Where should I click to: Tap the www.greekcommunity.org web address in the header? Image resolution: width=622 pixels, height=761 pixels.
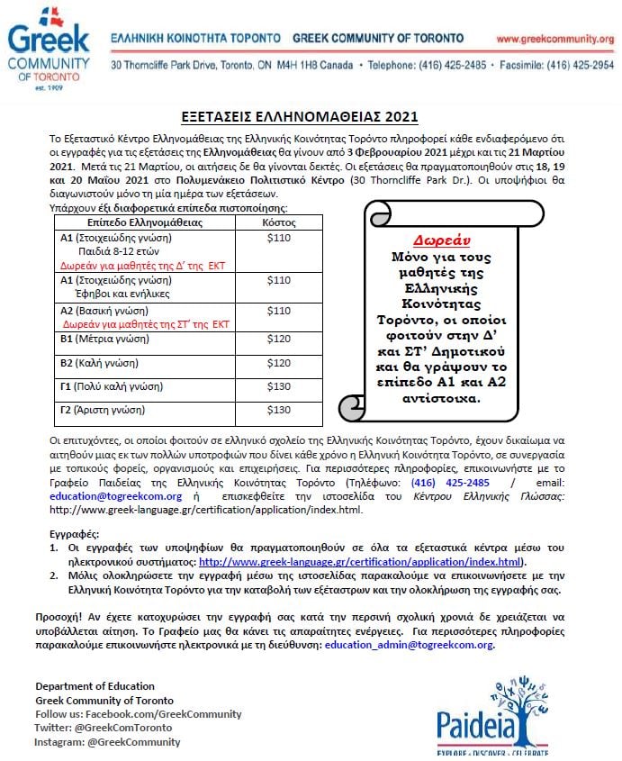coord(554,39)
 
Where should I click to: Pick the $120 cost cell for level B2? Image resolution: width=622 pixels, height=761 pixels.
coord(279,363)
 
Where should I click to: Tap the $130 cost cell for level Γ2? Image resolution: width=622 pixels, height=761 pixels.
coord(279,410)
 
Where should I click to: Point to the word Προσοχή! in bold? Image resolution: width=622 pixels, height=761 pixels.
coord(59,616)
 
